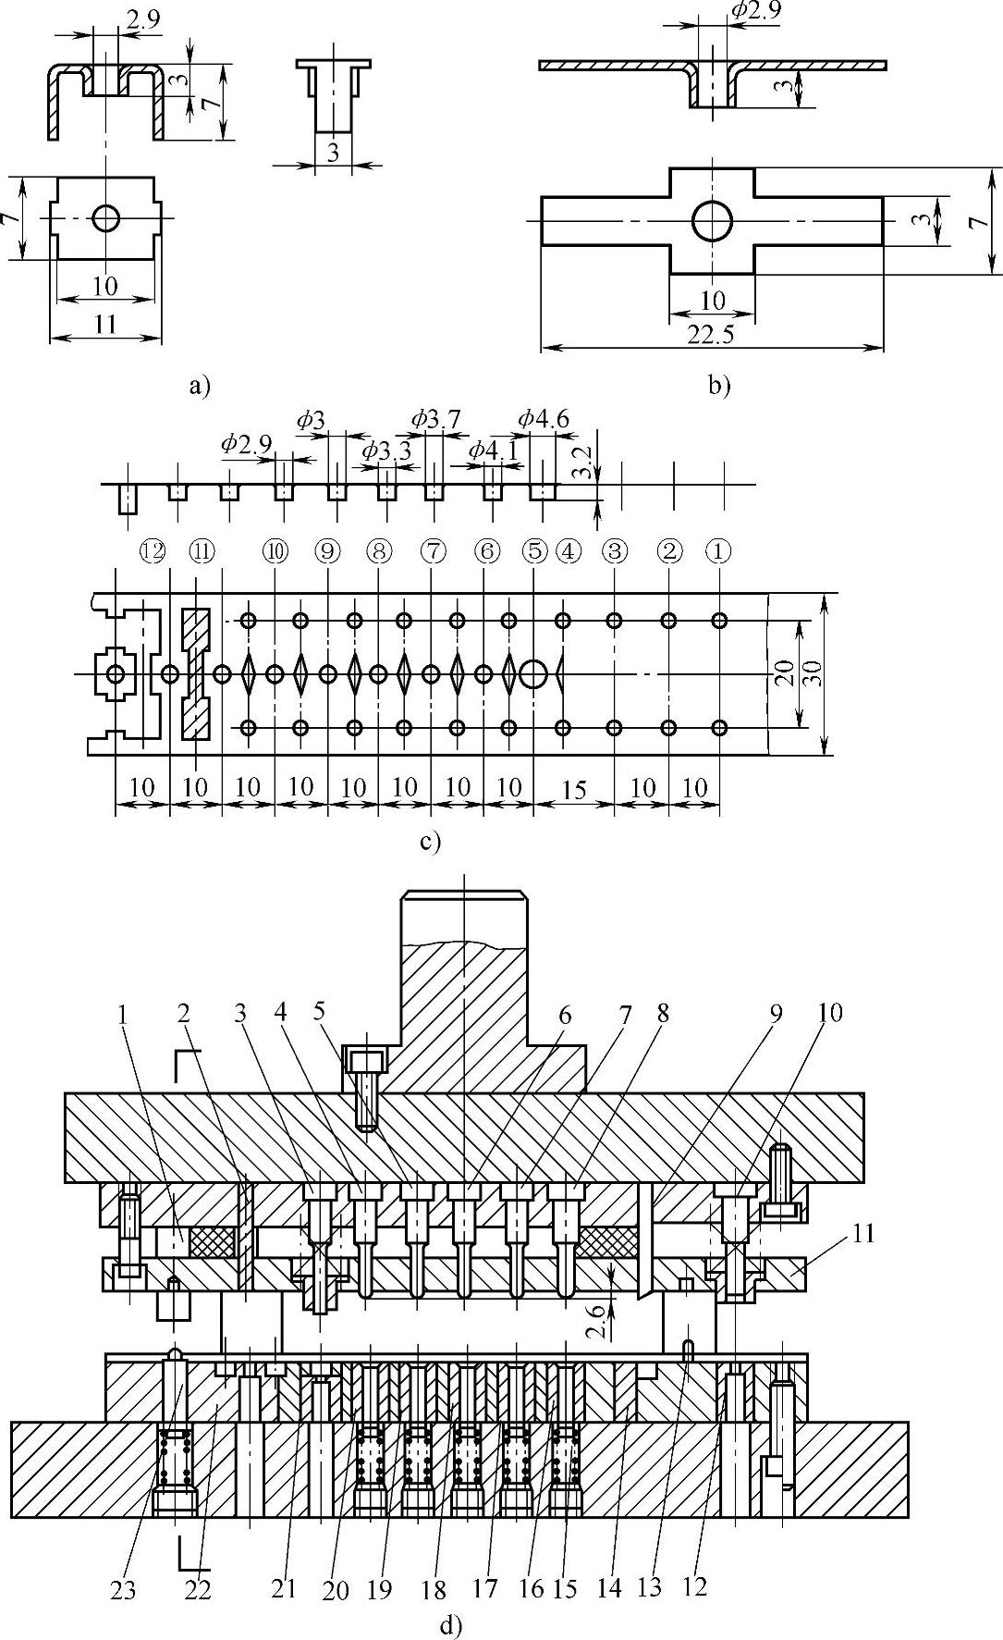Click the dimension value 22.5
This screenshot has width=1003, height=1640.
(711, 336)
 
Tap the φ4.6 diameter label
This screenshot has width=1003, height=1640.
(543, 419)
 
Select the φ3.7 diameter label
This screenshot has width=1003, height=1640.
(435, 419)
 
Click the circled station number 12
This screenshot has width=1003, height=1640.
(153, 551)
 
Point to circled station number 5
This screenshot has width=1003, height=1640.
(534, 551)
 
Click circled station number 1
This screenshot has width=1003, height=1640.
(718, 551)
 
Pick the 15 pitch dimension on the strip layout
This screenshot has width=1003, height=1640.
(574, 788)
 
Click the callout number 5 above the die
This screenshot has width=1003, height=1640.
(320, 1011)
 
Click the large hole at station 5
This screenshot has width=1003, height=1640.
(533, 673)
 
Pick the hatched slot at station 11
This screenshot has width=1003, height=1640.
(197, 673)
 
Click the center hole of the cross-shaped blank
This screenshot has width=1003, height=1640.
(712, 221)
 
